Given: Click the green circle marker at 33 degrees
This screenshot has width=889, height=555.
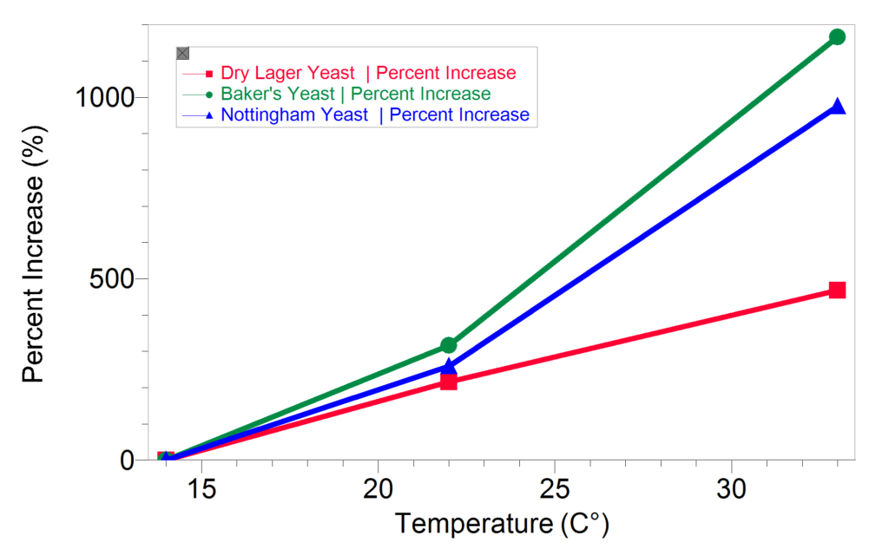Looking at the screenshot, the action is (837, 37).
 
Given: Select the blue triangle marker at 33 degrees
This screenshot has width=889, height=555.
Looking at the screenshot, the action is (837, 106).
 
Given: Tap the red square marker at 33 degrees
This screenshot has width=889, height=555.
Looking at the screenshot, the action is (837, 290).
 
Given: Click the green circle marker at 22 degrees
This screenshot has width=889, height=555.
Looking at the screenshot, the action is (449, 345).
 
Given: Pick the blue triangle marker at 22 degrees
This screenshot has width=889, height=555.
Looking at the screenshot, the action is (449, 367).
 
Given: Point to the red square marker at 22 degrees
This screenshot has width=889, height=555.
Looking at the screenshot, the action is (449, 382).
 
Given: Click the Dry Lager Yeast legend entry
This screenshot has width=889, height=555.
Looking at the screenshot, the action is (349, 73).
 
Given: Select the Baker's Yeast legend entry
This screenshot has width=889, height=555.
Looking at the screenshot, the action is (337, 94).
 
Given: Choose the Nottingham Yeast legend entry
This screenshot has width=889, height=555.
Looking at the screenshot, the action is (356, 115).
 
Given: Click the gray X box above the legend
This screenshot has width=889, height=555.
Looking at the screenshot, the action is (182, 53).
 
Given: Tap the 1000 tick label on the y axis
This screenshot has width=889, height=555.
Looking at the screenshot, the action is (105, 97).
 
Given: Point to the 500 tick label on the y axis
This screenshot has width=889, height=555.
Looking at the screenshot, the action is (112, 278).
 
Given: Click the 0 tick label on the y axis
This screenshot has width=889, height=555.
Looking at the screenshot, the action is (127, 460).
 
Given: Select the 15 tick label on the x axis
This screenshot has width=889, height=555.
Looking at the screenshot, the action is (201, 488).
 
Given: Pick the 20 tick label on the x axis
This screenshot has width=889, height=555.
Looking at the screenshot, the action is (379, 488).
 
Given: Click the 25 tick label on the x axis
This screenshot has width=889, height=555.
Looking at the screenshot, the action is (555, 488).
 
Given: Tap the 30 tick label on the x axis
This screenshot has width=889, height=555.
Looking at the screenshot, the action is (731, 488).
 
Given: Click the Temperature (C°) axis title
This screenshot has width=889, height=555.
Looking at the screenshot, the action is (502, 524).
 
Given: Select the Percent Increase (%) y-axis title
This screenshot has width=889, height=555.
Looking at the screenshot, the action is (34, 254).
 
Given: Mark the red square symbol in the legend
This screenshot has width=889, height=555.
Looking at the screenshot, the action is (209, 74).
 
